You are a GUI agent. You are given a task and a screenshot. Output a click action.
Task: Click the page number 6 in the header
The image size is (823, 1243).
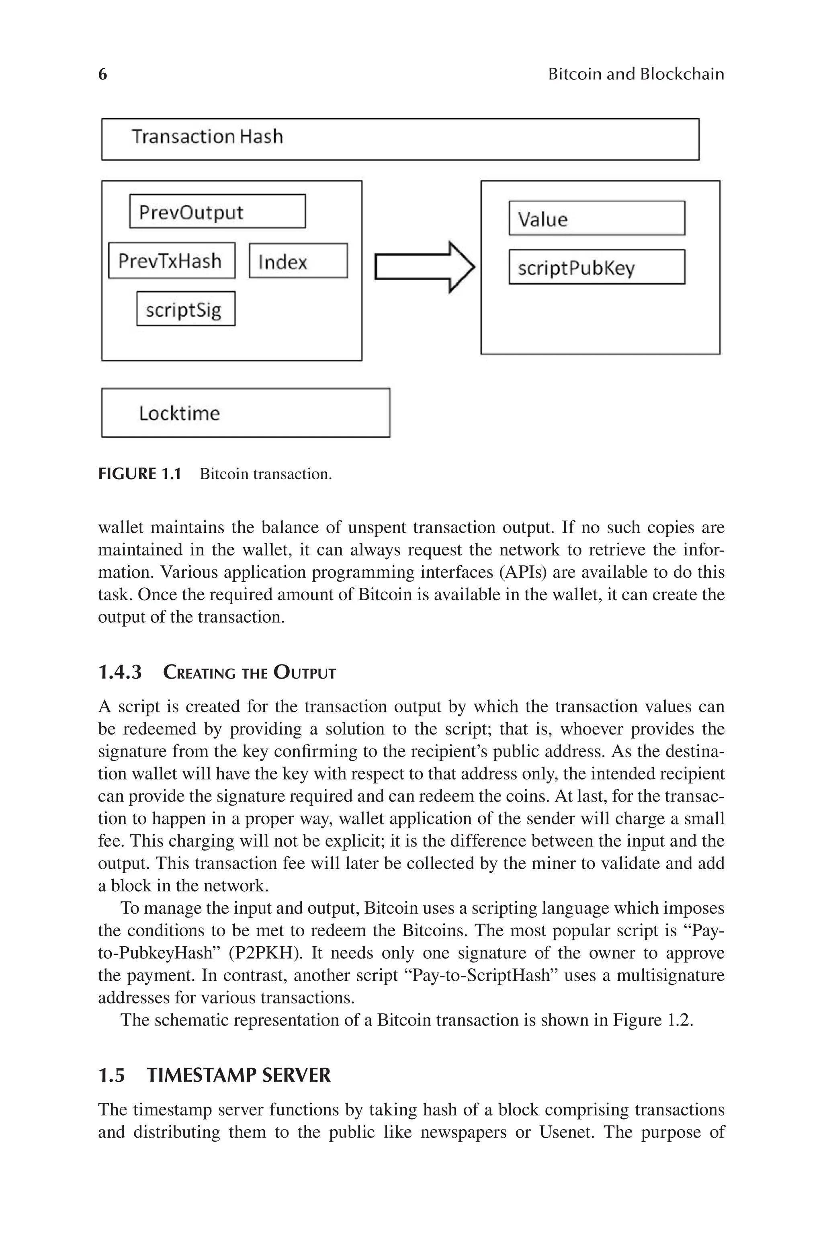103,74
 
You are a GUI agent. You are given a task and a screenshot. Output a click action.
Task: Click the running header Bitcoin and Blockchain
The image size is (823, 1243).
636,74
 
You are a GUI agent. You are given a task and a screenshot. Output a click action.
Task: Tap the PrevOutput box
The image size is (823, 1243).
217,211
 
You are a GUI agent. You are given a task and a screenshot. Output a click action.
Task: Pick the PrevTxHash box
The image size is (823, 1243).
172,260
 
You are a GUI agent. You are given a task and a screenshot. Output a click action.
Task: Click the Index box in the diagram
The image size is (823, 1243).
298,261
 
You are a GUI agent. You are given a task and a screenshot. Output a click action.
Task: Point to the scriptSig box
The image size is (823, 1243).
186,309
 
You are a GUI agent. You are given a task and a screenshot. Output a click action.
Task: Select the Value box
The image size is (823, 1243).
596,218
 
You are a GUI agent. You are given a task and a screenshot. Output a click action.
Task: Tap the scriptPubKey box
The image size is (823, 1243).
596,267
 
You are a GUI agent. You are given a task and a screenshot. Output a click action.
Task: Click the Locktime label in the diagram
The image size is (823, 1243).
180,413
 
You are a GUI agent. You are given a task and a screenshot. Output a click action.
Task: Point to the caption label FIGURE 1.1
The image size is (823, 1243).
139,474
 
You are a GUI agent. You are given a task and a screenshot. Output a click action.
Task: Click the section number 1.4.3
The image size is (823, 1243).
120,673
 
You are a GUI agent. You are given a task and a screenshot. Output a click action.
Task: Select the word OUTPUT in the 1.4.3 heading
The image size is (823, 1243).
305,673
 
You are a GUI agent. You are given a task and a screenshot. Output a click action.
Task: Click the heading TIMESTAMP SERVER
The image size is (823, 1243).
238,1075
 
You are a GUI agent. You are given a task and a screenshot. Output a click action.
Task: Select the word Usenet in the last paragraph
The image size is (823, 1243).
567,1132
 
